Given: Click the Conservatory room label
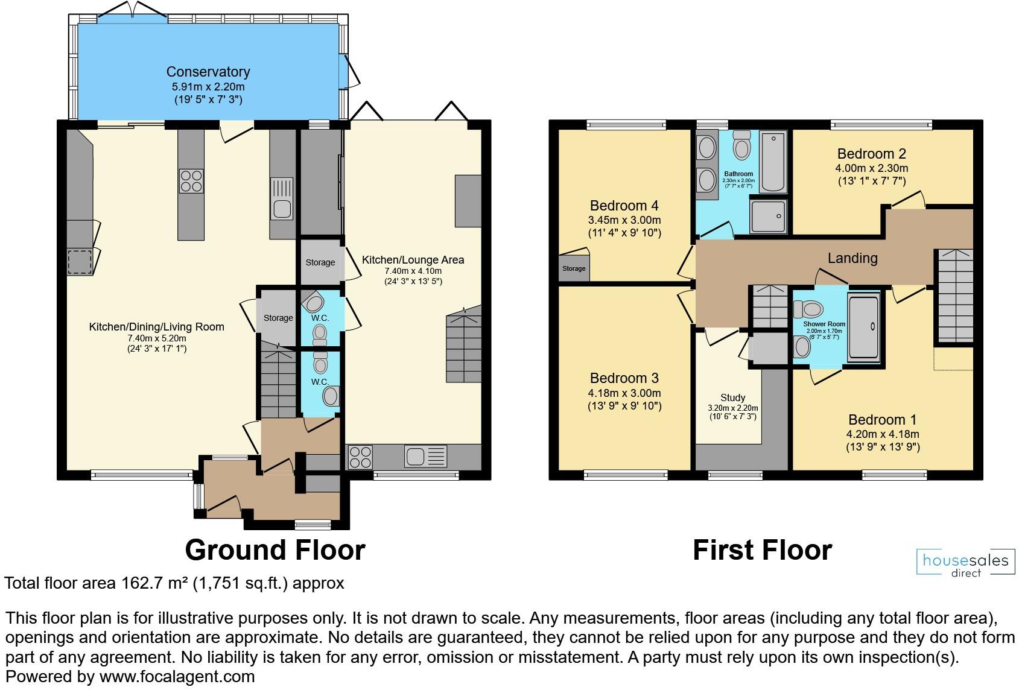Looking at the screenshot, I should [x=208, y=72].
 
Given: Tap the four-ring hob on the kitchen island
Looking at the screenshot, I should [x=191, y=181].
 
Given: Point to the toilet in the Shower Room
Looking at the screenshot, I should [x=808, y=310].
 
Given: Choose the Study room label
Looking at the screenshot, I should [x=732, y=397].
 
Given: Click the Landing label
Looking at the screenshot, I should [x=852, y=258].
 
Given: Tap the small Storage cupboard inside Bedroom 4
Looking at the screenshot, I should [x=574, y=268].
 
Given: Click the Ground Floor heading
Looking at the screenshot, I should [x=275, y=550].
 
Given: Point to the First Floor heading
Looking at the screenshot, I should [x=762, y=550].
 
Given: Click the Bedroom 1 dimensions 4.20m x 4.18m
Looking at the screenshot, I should [x=883, y=434].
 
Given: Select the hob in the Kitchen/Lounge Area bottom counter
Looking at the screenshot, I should [x=360, y=457].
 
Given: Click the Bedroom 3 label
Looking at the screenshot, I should [x=624, y=378].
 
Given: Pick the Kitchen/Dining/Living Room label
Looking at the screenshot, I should [x=156, y=327].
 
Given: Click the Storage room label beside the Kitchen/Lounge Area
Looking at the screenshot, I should [x=320, y=262].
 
